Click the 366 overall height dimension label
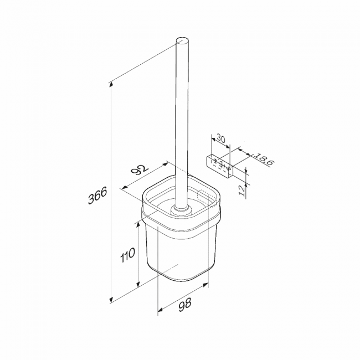[x=97, y=195]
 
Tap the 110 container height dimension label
[x=127, y=254]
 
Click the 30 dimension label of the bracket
[x=221, y=139]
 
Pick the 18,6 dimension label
[x=264, y=159]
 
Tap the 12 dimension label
[x=242, y=191]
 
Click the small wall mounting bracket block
[x=219, y=167]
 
